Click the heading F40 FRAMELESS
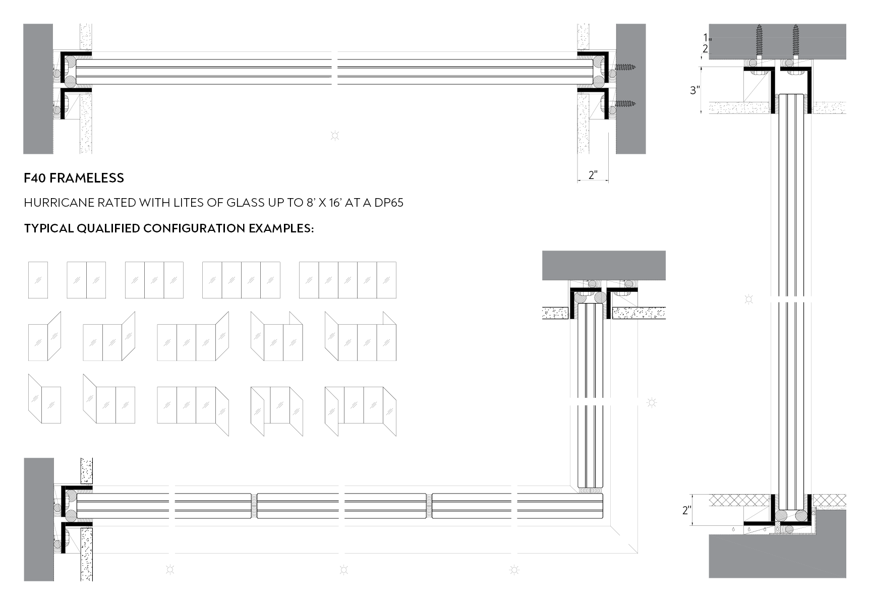(74, 178)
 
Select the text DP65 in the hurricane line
(388, 203)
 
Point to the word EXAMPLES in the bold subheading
(281, 228)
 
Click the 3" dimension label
(695, 90)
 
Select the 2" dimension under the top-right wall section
(593, 175)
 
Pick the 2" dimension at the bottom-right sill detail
(686, 510)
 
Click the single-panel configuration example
(38, 280)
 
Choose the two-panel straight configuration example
(86, 280)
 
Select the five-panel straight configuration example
(347, 280)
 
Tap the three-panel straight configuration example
(154, 280)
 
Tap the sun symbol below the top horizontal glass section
(334, 135)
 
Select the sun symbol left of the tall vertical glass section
(748, 299)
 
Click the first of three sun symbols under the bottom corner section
(170, 570)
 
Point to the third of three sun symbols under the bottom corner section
(514, 570)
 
